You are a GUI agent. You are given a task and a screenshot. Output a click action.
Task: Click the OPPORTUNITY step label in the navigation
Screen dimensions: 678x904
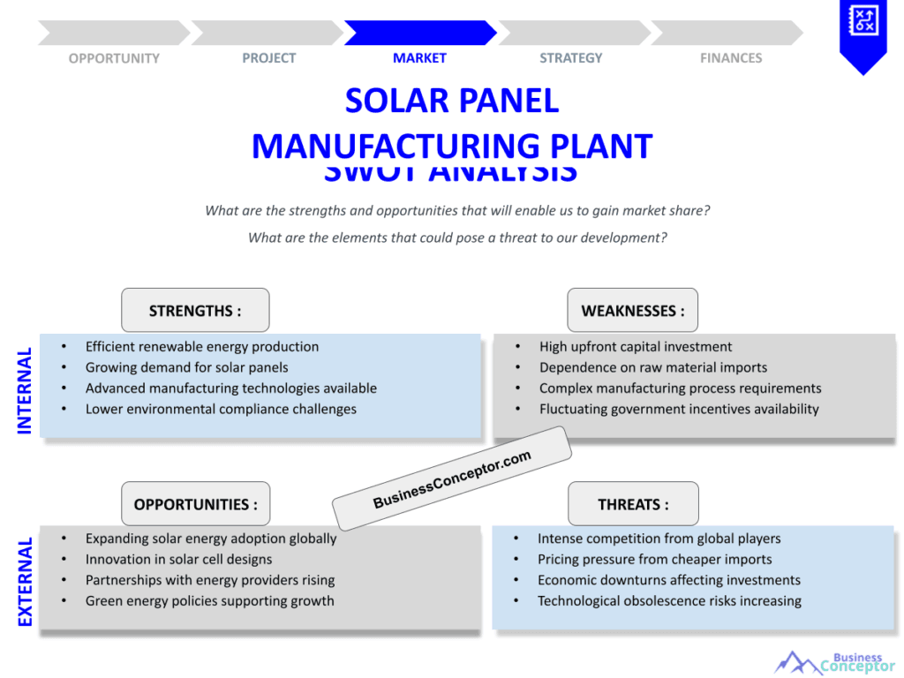pyautogui.click(x=114, y=58)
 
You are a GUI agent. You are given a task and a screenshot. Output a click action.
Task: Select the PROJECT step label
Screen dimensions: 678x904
pyautogui.click(x=269, y=58)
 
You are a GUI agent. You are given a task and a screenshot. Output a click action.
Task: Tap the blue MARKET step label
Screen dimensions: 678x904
pyautogui.click(x=419, y=58)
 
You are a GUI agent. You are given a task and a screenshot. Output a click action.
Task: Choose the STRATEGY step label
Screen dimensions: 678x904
pyautogui.click(x=571, y=58)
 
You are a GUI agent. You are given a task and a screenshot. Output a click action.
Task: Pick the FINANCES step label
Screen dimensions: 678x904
pyautogui.click(x=731, y=58)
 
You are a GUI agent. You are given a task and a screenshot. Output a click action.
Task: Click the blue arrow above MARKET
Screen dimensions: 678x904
pyautogui.click(x=420, y=34)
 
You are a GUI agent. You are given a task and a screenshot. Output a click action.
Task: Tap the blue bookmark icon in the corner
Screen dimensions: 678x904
pyautogui.click(x=863, y=34)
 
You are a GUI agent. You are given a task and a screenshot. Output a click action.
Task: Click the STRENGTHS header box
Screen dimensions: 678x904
pyautogui.click(x=195, y=311)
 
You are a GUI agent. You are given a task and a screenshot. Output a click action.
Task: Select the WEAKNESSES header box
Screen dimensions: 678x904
pyautogui.click(x=632, y=311)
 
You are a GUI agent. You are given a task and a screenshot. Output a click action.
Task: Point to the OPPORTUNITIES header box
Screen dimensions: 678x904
pyautogui.click(x=195, y=504)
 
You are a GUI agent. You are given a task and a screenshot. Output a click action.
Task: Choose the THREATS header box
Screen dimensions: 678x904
pyautogui.click(x=633, y=504)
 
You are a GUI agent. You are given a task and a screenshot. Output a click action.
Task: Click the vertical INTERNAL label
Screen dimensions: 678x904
pyautogui.click(x=25, y=390)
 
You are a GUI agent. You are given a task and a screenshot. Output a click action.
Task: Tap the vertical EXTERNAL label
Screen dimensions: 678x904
pyautogui.click(x=25, y=582)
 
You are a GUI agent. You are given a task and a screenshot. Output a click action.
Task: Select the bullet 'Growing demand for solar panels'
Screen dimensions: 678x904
pyautogui.click(x=186, y=367)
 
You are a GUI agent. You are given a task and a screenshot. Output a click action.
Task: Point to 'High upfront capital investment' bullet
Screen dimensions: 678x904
pyautogui.click(x=636, y=347)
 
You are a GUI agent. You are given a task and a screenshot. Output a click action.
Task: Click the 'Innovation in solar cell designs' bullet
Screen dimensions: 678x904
pyautogui.click(x=178, y=559)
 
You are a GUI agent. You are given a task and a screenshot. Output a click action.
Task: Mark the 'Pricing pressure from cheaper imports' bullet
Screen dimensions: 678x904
pyautogui.click(x=654, y=559)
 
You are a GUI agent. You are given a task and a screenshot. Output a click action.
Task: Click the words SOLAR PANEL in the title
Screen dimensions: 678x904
pyautogui.click(x=452, y=101)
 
